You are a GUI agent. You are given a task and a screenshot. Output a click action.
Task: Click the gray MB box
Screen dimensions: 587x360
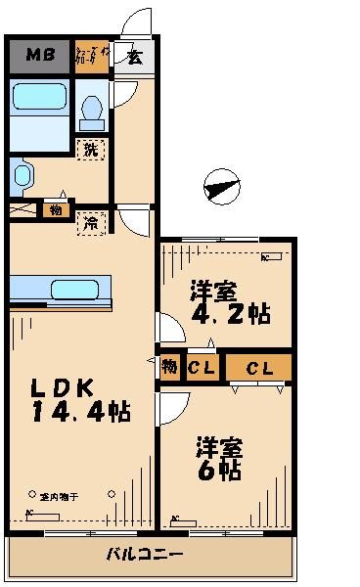tap(38, 56)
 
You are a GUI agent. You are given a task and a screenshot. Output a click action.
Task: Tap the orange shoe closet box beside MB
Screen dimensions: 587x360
tap(91, 57)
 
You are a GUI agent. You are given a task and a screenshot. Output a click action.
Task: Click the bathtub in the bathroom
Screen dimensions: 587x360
tap(39, 102)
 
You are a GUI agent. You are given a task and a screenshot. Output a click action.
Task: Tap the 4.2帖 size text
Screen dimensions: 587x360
tap(231, 315)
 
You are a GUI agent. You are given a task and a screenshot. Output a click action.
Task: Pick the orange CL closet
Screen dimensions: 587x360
tap(258, 369)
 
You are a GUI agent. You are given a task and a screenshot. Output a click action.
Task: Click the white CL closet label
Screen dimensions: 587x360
tap(202, 369)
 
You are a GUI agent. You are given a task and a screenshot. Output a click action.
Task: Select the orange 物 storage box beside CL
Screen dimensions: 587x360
tap(169, 368)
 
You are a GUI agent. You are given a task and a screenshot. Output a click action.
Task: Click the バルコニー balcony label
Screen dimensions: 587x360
tap(147, 554)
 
